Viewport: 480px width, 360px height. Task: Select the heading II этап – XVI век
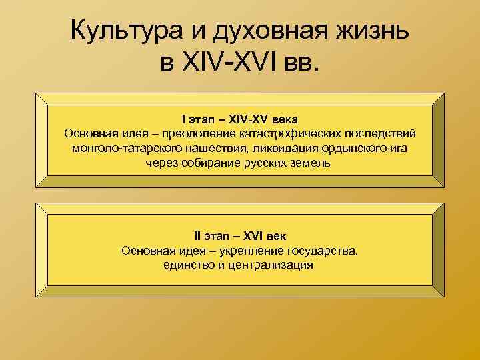pyautogui.click(x=239, y=236)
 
